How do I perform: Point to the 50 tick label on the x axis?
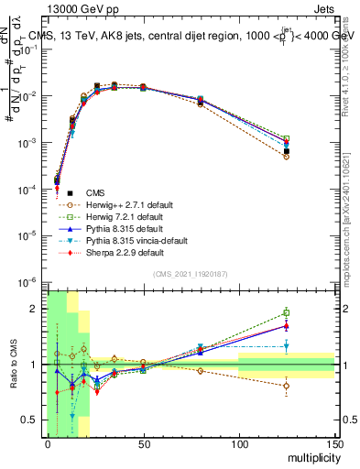(x=143, y=443)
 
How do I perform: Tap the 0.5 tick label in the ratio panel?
(x=31, y=420)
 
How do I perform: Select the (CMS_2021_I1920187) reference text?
(x=191, y=274)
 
